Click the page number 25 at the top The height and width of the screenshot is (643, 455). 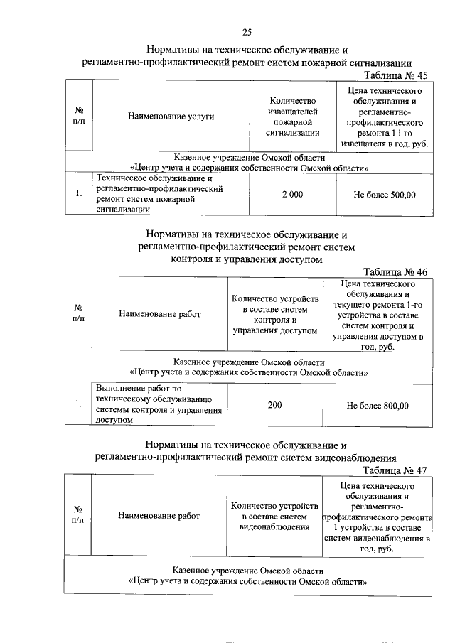(247, 31)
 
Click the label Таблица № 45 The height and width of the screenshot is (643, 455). (395, 75)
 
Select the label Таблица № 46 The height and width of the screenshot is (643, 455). (395, 272)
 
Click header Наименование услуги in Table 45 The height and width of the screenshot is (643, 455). (171, 116)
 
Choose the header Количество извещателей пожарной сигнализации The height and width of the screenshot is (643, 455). (292, 117)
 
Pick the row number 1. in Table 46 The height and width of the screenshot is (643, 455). (78, 405)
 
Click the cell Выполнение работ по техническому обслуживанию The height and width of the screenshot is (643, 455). (159, 404)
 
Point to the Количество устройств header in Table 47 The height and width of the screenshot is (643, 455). (274, 516)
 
